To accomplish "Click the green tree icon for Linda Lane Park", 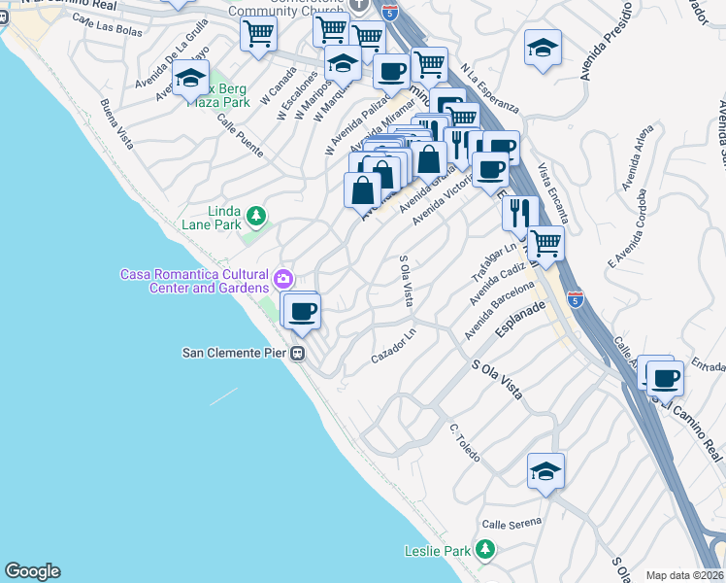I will click(x=255, y=215).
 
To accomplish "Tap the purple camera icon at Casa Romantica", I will click(x=282, y=280).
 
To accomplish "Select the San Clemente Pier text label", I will click(x=237, y=353).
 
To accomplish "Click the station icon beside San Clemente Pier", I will click(x=300, y=353).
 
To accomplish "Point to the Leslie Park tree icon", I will click(x=484, y=551).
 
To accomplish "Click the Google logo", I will click(x=32, y=571).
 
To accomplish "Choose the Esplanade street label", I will click(x=521, y=325).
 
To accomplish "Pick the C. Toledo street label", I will click(x=466, y=443).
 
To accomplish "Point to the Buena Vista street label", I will click(x=116, y=122).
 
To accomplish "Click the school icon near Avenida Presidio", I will click(x=542, y=47).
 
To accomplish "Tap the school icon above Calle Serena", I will click(x=546, y=471).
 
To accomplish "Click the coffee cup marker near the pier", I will click(x=303, y=311).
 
